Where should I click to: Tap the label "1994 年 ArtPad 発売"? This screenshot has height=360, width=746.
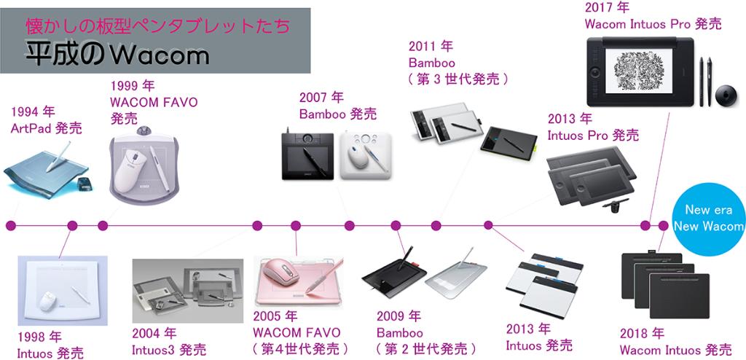click(46, 120)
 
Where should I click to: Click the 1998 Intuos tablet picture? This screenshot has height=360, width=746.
click(62, 291)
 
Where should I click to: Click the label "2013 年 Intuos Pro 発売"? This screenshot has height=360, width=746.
click(593, 127)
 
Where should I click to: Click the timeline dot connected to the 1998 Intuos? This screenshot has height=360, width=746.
click(72, 224)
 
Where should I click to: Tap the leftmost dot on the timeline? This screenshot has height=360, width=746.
click(10, 224)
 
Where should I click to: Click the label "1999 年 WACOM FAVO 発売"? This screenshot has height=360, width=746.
click(154, 102)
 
